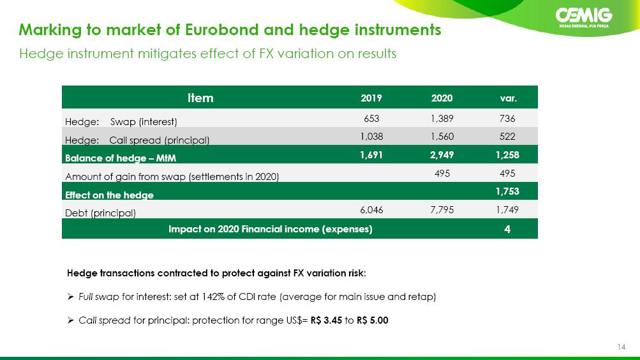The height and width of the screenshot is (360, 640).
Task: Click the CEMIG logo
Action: [584, 18]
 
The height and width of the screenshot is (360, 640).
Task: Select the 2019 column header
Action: [371, 98]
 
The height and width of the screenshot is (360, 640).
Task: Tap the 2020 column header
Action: [442, 98]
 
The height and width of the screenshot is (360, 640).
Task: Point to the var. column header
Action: [508, 98]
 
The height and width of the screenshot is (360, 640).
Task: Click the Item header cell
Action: [200, 98]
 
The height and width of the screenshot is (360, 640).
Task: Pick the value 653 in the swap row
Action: [371, 118]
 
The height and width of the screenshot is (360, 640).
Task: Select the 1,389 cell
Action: [442, 118]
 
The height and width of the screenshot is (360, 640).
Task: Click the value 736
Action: [507, 118]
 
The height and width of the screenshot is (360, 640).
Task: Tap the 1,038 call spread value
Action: [371, 137]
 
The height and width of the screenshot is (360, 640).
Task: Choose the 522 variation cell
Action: [507, 137]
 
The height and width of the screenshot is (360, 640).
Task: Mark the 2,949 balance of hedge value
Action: [442, 155]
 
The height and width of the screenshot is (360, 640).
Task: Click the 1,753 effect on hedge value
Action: [507, 191]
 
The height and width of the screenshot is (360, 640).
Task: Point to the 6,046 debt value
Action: [371, 210]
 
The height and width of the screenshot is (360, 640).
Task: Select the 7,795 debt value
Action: [442, 210]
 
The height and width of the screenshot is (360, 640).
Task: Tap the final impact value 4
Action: [507, 229]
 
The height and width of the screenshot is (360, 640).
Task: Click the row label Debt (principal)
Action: [100, 213]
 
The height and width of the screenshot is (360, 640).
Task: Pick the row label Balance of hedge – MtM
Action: [121, 158]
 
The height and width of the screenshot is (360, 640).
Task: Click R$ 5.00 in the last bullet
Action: [372, 320]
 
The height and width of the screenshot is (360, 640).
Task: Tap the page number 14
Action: [621, 347]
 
